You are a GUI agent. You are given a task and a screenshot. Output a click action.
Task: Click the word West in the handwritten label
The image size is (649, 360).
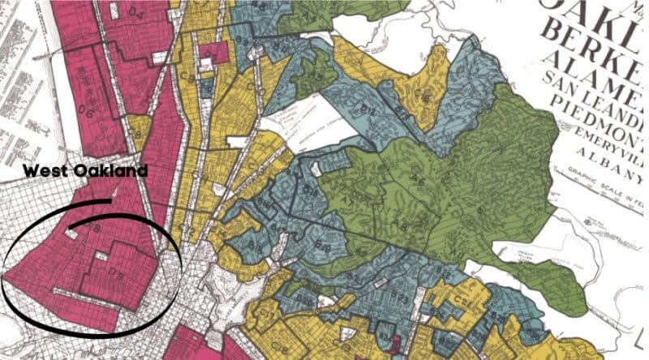pyautogui.click(x=45, y=171)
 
